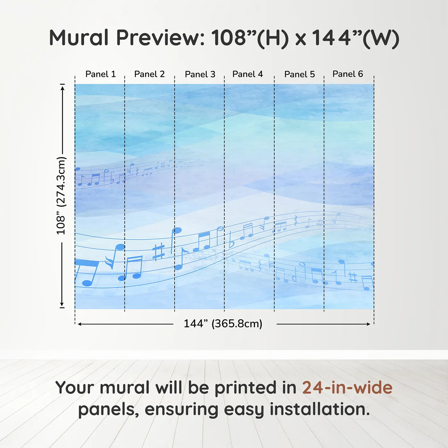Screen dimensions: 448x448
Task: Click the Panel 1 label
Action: click(100, 74)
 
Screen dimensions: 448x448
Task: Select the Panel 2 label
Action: click(149, 74)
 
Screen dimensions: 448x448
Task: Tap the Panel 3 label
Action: click(200, 74)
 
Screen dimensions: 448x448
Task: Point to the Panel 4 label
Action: click(247, 74)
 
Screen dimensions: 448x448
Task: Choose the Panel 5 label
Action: click(300, 74)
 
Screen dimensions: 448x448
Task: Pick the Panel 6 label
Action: click(348, 74)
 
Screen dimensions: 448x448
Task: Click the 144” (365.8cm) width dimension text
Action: click(223, 324)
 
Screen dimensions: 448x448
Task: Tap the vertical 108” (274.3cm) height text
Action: click(61, 196)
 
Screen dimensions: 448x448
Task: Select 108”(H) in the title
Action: click(250, 38)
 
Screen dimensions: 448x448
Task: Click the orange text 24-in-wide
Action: click(347, 388)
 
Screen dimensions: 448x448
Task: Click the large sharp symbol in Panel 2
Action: click(158, 252)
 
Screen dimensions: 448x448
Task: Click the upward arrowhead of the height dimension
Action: click(62, 88)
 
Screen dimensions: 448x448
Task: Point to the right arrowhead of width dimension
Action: click(368, 324)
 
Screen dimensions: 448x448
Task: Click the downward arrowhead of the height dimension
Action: click(62, 304)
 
